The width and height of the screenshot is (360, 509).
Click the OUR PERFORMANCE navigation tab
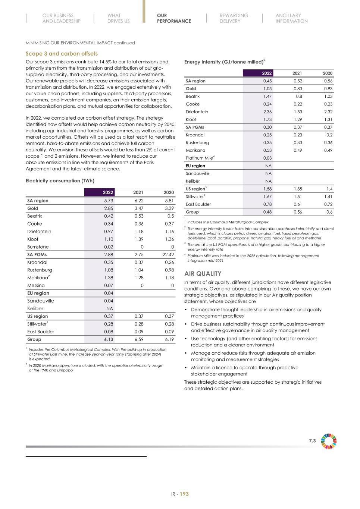tap(174, 18)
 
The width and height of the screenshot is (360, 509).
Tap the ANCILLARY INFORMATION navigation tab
tap(291, 18)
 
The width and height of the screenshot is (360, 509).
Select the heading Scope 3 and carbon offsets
tap(62, 54)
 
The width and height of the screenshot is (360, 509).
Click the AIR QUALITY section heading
tap(203, 273)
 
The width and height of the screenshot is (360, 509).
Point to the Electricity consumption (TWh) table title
tap(60, 180)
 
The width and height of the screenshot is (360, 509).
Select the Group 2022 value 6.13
tap(109, 339)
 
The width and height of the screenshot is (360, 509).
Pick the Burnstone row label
tap(38, 247)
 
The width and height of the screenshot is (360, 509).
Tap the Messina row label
tap(36, 285)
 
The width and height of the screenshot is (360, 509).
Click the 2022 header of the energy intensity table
tap(266, 73)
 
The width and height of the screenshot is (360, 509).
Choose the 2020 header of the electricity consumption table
tap(169, 192)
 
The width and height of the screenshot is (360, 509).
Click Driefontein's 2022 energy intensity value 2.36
tap(267, 112)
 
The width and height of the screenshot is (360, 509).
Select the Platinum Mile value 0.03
tap(267, 158)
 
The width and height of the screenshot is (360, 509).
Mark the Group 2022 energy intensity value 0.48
tap(267, 212)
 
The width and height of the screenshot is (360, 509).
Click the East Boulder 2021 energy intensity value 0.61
tap(297, 204)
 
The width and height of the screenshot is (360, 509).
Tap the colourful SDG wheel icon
tap(329, 441)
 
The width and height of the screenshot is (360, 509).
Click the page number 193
tap(184, 494)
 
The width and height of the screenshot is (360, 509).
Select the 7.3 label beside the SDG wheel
tap(312, 441)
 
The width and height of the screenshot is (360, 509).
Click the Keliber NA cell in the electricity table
tap(109, 308)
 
